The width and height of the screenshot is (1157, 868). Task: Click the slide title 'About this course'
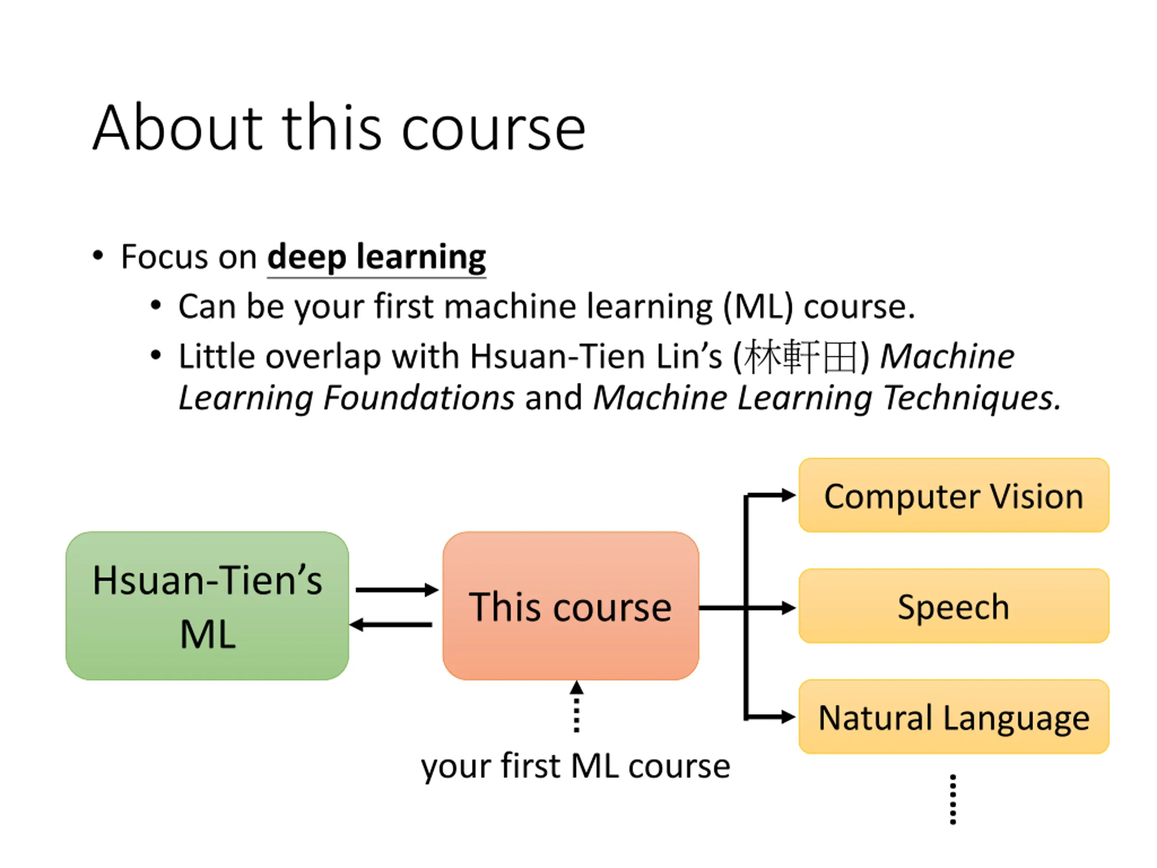339,129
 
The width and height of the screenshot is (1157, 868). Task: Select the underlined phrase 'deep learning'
376,257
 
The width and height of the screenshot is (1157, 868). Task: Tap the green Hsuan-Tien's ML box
207,605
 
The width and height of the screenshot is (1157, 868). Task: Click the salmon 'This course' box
570,605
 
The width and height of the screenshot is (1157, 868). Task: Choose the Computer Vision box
953,495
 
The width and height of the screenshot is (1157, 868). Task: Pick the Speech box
953,606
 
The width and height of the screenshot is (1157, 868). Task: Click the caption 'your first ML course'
575,766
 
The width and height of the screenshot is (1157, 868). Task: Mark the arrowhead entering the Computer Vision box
788,495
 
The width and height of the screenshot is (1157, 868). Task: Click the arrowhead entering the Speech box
788,608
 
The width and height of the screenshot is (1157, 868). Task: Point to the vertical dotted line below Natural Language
953,799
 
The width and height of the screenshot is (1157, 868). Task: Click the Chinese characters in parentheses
800,357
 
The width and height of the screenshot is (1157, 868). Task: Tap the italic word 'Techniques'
968,398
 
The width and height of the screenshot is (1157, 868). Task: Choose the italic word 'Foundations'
419,398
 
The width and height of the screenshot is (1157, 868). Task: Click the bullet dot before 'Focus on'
98,256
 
